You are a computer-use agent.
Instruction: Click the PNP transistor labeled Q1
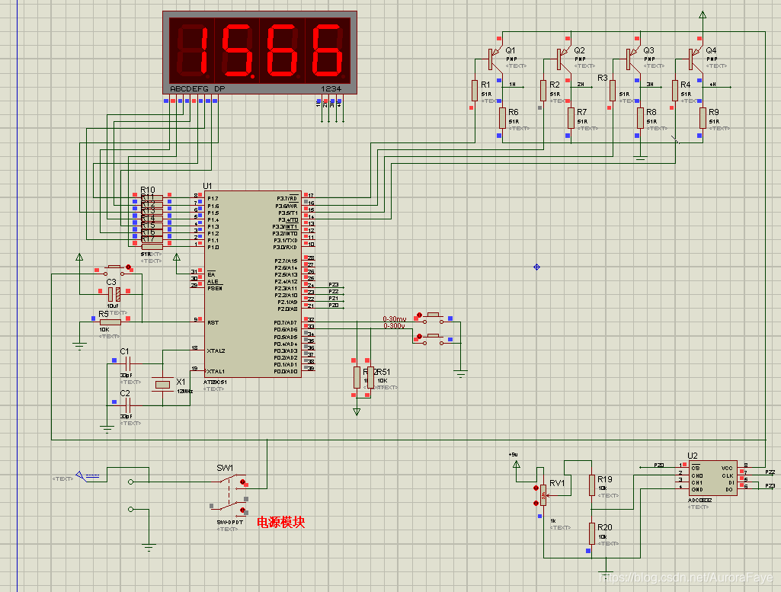(492, 57)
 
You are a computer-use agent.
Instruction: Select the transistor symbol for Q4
(692, 57)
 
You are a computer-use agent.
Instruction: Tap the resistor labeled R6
(502, 117)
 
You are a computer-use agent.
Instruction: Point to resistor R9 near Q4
(702, 117)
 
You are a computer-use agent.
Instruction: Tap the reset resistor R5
(110, 322)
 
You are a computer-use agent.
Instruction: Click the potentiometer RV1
(543, 496)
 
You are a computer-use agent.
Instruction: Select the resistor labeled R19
(591, 485)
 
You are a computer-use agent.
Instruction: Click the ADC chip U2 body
(712, 478)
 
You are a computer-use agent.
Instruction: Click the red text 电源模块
(280, 523)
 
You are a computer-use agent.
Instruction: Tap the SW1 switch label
(225, 468)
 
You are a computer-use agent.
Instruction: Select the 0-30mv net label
(395, 318)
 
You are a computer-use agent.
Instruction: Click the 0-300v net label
(394, 326)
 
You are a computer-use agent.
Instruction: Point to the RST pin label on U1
(213, 323)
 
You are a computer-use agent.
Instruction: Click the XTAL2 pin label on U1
(216, 350)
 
